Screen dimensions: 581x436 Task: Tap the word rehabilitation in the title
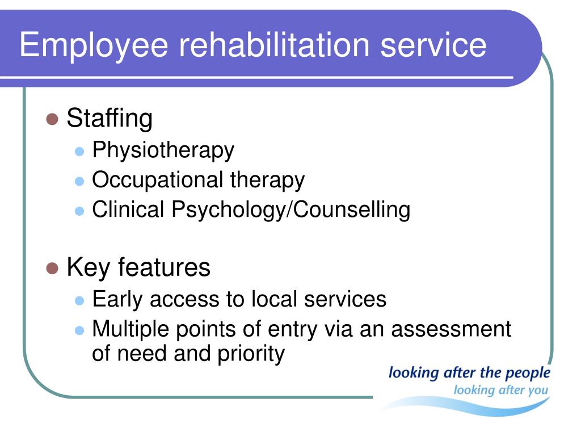click(x=275, y=44)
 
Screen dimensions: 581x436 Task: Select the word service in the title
click(x=433, y=45)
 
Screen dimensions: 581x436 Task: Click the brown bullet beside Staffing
click(x=52, y=119)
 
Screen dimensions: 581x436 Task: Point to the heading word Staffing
click(x=110, y=119)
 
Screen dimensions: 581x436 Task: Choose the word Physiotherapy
click(x=163, y=151)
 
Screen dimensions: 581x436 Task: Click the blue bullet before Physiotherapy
click(x=79, y=151)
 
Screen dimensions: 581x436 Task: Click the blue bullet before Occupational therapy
click(x=79, y=181)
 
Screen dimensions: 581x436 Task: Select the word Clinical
click(x=128, y=209)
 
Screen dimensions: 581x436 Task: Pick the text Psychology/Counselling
click(x=291, y=210)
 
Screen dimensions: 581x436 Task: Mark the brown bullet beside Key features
click(x=52, y=268)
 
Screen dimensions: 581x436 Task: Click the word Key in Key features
click(x=88, y=269)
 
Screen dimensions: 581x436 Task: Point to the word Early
click(x=117, y=300)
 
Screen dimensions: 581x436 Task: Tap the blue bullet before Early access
click(x=79, y=300)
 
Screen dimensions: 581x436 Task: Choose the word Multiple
click(x=130, y=330)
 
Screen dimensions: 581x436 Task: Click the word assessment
click(x=451, y=329)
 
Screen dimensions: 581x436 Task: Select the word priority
click(x=251, y=354)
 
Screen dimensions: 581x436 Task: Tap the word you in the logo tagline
click(x=537, y=391)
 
